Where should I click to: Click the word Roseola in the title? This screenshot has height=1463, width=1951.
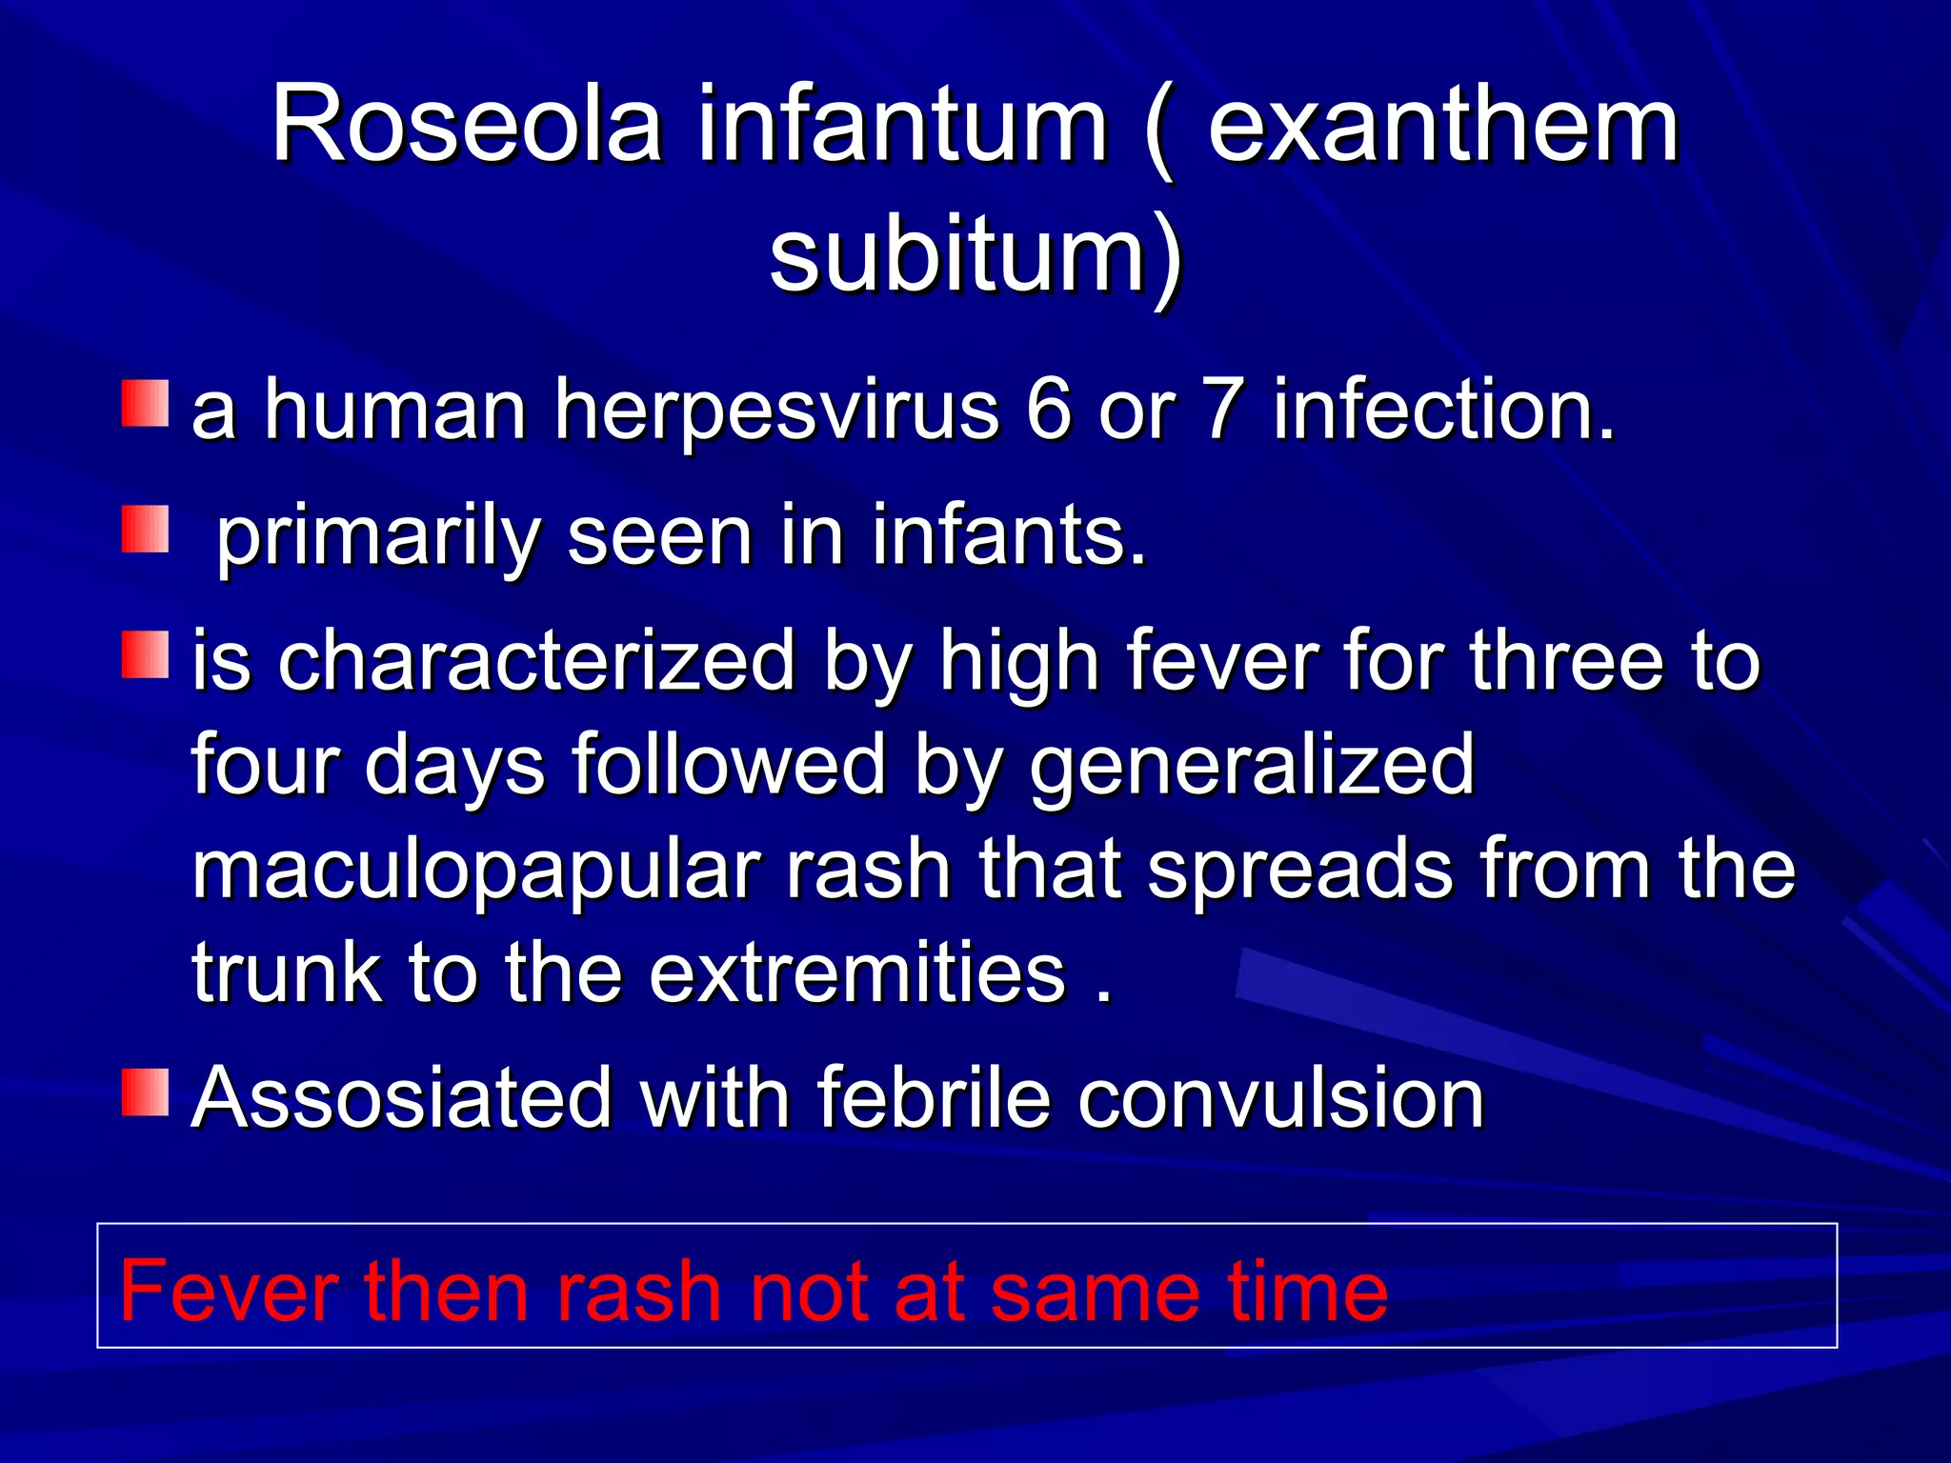(x=467, y=126)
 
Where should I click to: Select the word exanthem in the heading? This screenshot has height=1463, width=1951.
(x=1442, y=126)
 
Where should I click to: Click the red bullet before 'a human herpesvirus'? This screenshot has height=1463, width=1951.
(x=145, y=403)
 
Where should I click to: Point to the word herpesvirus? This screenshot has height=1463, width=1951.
(x=776, y=411)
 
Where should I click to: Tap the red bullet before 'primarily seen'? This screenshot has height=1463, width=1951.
(x=145, y=530)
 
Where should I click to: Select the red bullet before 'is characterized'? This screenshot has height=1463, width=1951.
(x=145, y=654)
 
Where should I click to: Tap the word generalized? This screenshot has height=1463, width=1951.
(x=1252, y=766)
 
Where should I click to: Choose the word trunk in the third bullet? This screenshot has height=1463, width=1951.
(x=286, y=973)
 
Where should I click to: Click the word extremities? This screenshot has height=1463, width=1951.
(x=856, y=973)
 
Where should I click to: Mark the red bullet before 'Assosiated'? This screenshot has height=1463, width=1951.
(x=145, y=1092)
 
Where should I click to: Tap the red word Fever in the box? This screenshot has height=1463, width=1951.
(x=229, y=1292)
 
